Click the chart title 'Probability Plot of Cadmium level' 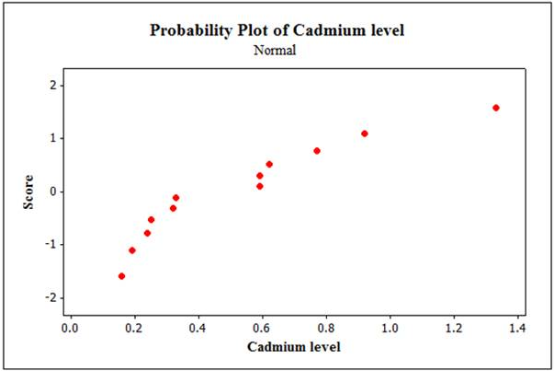click(x=277, y=30)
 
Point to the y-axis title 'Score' click(x=29, y=191)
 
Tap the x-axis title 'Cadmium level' click(x=293, y=347)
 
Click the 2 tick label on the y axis click(x=53, y=85)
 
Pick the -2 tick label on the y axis click(x=51, y=297)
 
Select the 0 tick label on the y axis click(x=53, y=191)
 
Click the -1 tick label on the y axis click(x=51, y=245)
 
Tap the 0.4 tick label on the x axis click(x=198, y=327)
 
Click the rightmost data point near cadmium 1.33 click(x=496, y=108)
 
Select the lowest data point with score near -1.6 click(x=121, y=275)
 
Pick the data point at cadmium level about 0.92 click(x=365, y=133)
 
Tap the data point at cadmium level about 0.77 click(x=317, y=150)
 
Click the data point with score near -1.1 click(x=131, y=249)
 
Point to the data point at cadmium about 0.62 click(x=269, y=164)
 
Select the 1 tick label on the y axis click(x=53, y=138)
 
